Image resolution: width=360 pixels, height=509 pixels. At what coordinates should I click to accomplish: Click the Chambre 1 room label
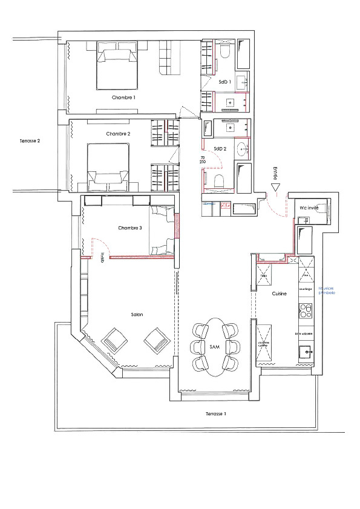123,97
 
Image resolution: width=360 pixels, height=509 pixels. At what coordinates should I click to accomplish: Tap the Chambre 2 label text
119,134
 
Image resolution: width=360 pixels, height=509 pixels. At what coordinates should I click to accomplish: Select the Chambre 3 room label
131,228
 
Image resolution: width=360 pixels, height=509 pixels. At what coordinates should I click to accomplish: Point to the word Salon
137,315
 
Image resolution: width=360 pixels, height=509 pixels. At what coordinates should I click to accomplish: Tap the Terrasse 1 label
216,415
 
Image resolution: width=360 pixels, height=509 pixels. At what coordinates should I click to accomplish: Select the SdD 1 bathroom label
225,80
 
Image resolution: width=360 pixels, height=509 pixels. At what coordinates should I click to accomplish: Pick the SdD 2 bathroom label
220,148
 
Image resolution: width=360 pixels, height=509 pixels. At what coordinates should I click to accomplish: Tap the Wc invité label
310,208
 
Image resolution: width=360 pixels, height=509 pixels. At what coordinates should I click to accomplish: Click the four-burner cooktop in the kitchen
305,312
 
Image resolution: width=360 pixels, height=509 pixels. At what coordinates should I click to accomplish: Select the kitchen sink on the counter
306,350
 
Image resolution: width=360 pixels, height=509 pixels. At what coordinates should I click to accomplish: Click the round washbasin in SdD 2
243,147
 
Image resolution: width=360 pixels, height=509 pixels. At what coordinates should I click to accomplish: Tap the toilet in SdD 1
223,51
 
